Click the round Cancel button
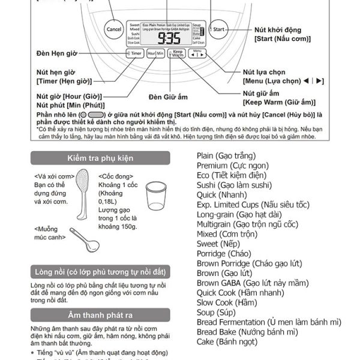[x=113, y=29]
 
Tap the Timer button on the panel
[x=134, y=53]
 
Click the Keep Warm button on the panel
[x=177, y=53]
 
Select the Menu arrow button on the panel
[x=197, y=54]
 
